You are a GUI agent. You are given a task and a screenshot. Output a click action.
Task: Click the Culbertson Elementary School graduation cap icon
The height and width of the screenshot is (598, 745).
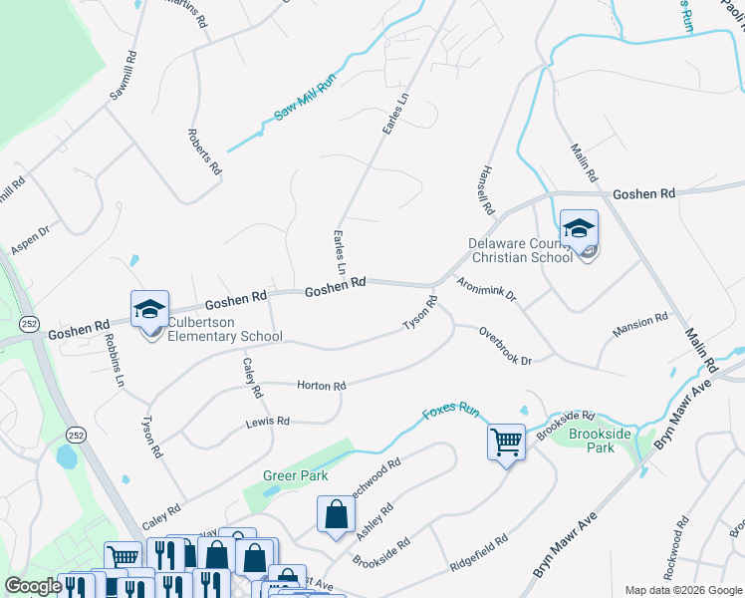pos(150,308)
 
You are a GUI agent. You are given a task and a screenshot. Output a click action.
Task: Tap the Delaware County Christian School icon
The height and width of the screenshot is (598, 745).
pos(579,228)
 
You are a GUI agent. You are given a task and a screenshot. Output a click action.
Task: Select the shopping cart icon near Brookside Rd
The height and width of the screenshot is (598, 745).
pos(506,440)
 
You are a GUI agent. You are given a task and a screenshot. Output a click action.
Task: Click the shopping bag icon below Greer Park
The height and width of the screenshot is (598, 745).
pos(337,514)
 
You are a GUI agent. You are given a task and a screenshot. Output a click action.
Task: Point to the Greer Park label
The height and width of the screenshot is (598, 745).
pos(296,475)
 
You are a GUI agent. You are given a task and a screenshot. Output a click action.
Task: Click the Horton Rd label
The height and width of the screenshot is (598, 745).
pos(321,386)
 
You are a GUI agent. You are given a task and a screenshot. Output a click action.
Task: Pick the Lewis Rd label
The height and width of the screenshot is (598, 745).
pos(267,423)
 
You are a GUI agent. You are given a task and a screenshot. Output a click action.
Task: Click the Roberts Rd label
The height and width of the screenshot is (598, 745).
pos(204,151)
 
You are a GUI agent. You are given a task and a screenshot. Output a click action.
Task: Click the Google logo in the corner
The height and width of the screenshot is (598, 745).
pos(33,586)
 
